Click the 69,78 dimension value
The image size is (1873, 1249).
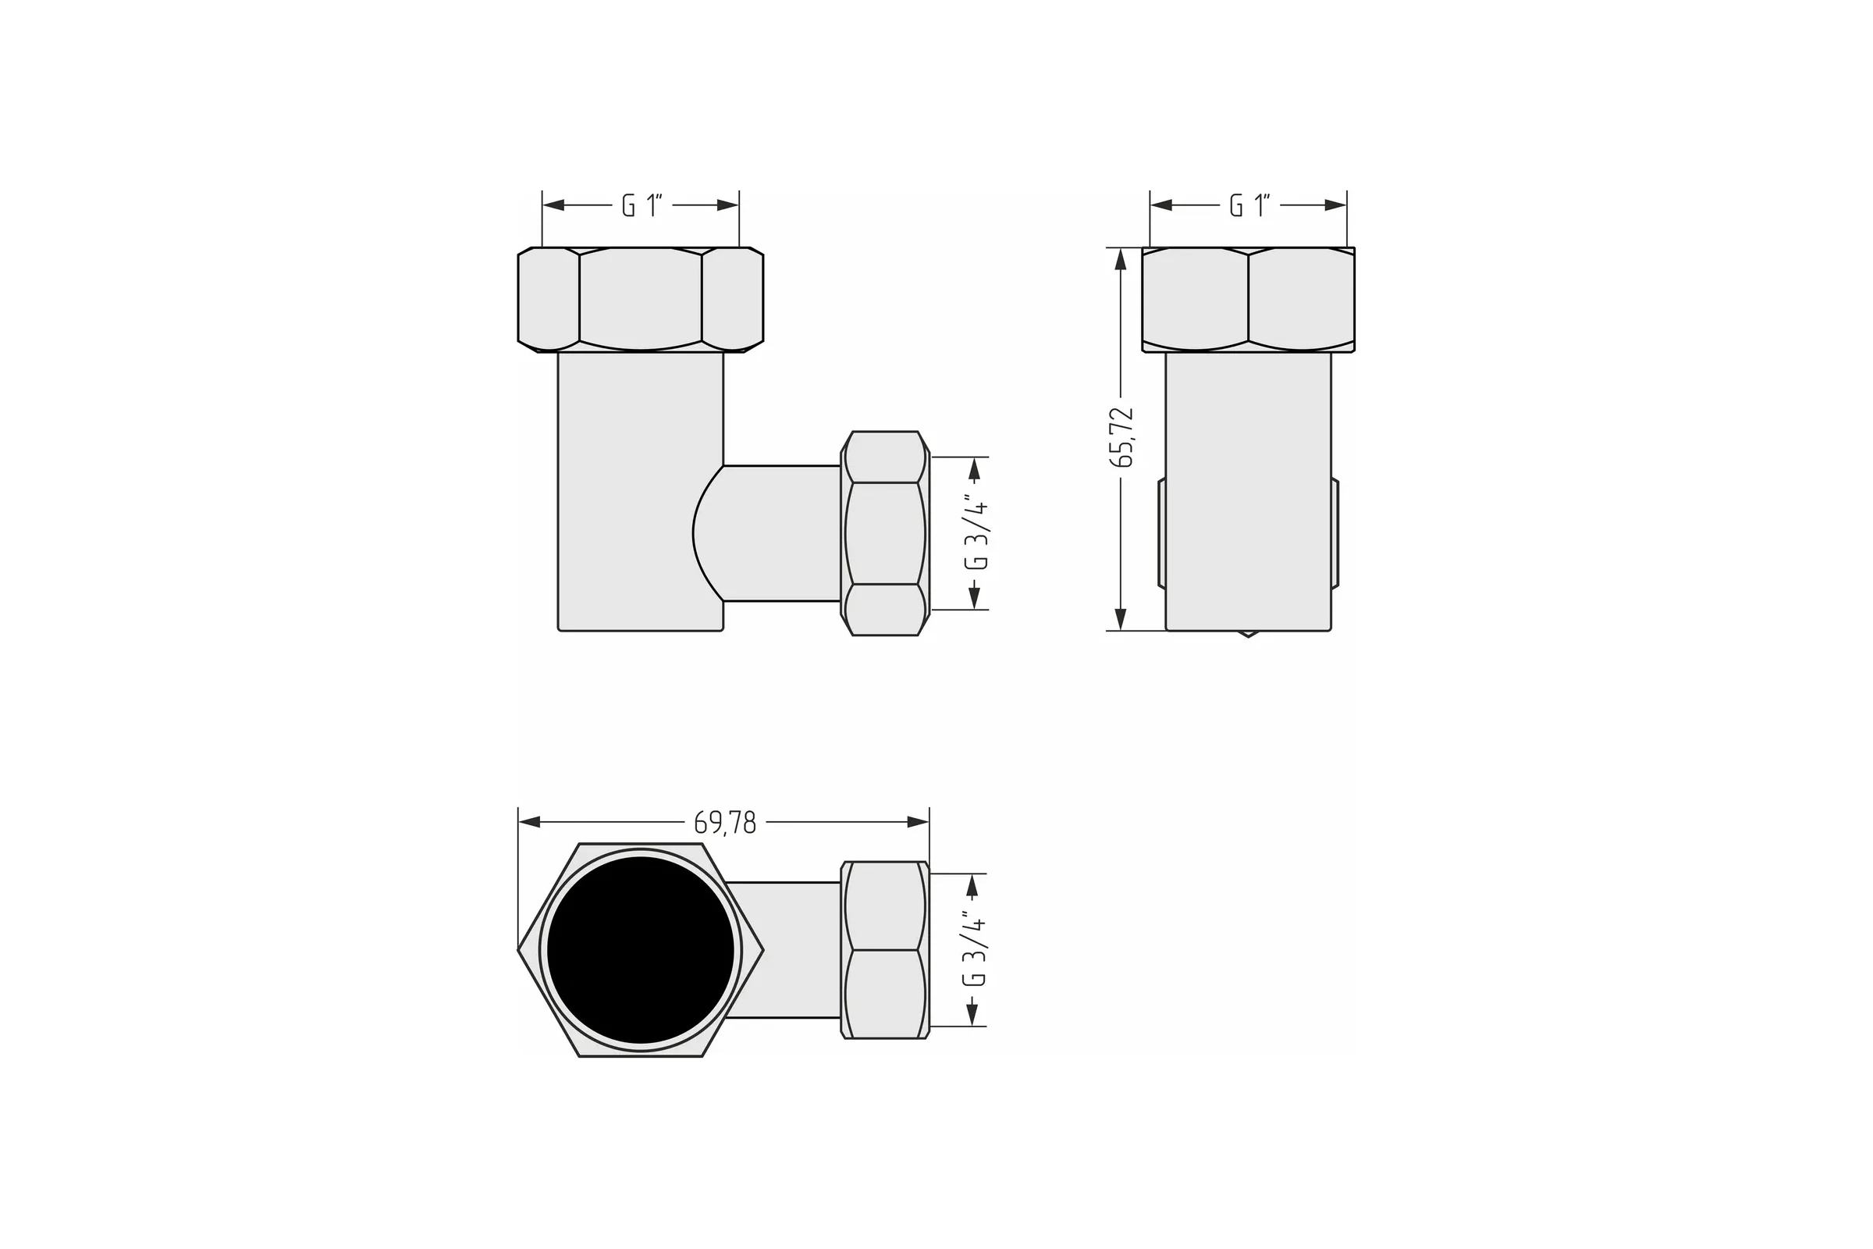(725, 823)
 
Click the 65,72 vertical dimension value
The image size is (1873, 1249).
(1121, 436)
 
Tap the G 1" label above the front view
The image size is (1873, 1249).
(642, 205)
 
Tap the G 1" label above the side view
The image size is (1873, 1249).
(1249, 205)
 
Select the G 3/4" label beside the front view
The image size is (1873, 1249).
(976, 535)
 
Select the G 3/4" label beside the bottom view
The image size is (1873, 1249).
(975, 948)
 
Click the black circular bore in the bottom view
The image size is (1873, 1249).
(640, 949)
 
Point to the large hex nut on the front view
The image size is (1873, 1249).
(640, 300)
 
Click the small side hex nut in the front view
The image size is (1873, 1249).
(885, 534)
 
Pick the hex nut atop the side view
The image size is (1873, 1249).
(1248, 300)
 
